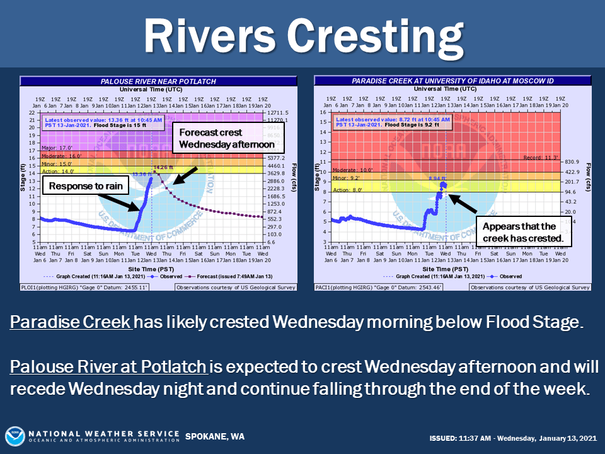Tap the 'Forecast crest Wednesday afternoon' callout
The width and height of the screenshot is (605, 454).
pos(227,139)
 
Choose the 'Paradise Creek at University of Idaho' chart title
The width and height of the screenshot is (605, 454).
pos(452,81)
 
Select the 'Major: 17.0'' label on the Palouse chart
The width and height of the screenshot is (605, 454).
pos(53,148)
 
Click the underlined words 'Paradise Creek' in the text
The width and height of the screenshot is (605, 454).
pos(71,323)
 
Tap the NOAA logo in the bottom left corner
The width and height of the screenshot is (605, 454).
pos(15,436)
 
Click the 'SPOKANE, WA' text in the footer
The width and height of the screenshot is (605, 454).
pos(214,437)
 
